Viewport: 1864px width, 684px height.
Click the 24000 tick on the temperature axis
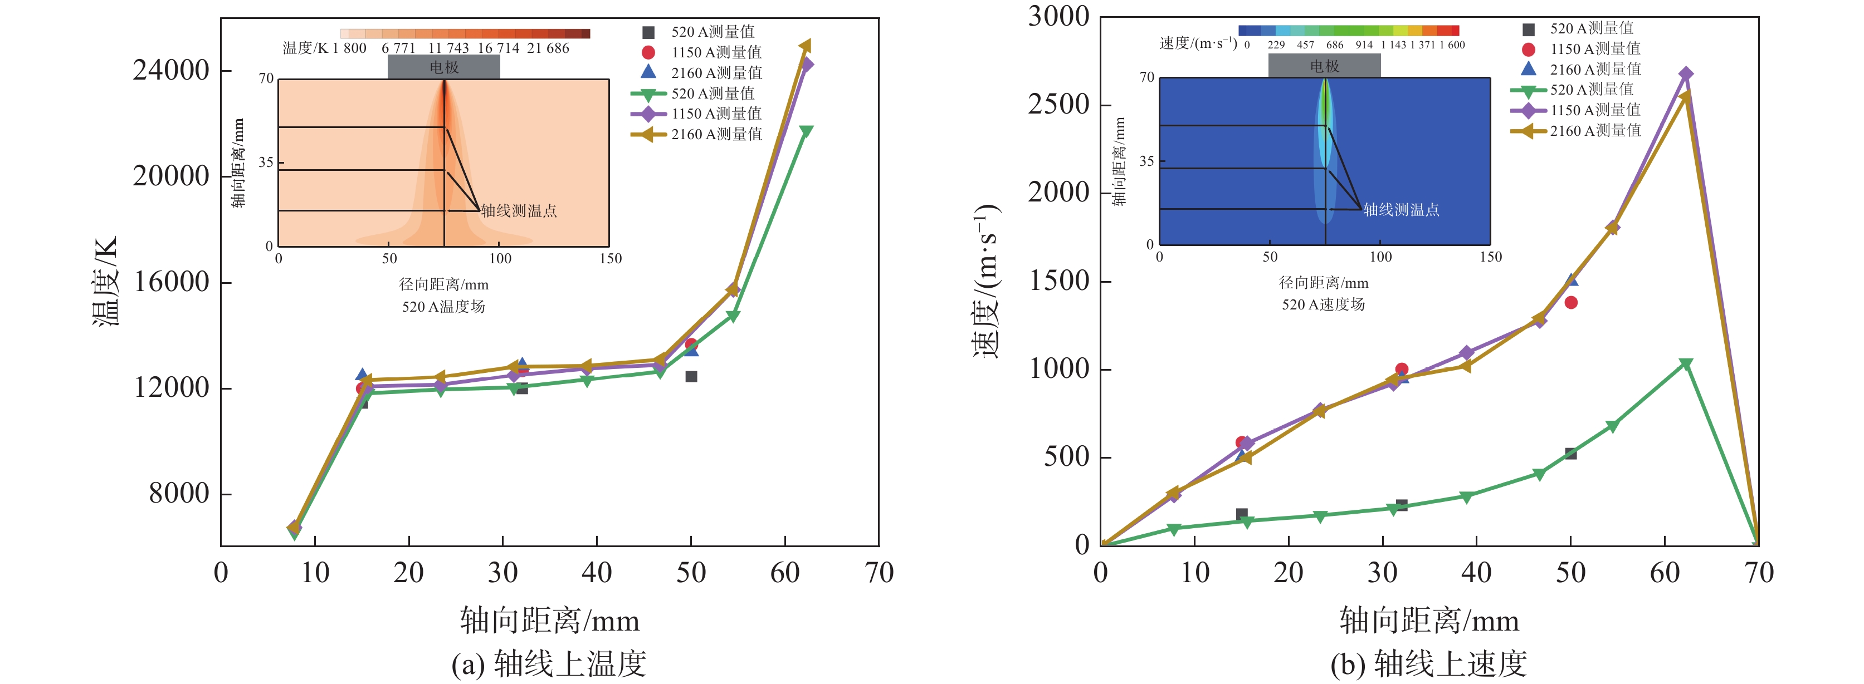click(171, 71)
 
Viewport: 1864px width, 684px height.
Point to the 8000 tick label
click(179, 494)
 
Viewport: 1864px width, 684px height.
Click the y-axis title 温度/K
click(106, 282)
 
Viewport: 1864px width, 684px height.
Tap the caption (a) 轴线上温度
click(549, 663)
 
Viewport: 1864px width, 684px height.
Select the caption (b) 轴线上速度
click(1428, 663)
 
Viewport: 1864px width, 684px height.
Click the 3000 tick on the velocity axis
click(1058, 16)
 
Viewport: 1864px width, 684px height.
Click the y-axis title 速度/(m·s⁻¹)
click(986, 282)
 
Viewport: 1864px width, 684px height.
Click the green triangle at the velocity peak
click(1685, 363)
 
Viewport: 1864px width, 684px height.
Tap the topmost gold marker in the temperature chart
click(804, 46)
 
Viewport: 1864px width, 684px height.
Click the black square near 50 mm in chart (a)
click(691, 376)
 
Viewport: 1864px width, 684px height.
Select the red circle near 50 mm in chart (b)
click(1570, 302)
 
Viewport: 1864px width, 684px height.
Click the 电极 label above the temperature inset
click(443, 67)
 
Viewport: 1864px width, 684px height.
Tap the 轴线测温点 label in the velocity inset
click(1401, 210)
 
